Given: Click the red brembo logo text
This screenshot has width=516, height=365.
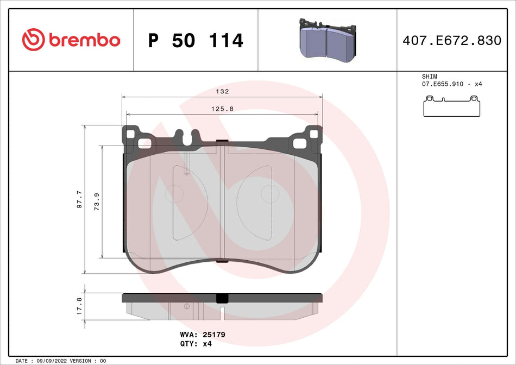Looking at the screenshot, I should tap(84, 40).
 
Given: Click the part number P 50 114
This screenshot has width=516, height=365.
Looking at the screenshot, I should tap(196, 40).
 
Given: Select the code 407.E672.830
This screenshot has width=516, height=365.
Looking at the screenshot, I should tap(452, 40).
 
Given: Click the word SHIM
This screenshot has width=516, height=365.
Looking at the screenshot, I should tap(429, 77).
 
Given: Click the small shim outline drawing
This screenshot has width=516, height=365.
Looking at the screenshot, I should tap(452, 106).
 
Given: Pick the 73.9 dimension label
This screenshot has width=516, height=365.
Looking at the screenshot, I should tap(97, 202).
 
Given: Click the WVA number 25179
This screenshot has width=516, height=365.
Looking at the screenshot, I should tap(213, 335).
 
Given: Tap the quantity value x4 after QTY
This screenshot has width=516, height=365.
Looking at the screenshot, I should tap(207, 344).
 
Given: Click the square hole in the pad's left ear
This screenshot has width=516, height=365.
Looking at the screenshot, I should tap(144, 143).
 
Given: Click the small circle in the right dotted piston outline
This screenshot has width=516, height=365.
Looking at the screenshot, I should tap(269, 194).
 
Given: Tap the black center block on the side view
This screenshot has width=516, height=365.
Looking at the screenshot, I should tap(222, 298).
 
